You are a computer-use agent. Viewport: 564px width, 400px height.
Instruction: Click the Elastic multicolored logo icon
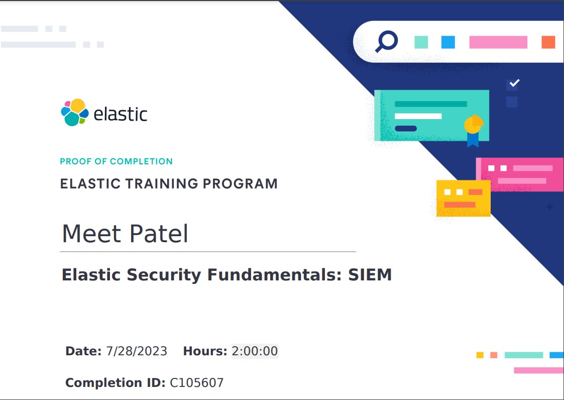[75, 113]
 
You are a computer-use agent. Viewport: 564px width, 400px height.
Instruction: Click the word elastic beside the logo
[121, 114]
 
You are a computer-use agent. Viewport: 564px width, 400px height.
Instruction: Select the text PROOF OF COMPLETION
[116, 161]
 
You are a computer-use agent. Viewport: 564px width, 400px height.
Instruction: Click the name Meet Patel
[125, 234]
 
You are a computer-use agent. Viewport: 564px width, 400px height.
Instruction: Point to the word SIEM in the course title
[370, 275]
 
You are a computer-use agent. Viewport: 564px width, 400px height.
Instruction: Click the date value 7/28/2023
[137, 351]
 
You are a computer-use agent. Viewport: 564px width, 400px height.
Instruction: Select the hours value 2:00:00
[255, 351]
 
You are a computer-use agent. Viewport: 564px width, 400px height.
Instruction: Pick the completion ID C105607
[196, 382]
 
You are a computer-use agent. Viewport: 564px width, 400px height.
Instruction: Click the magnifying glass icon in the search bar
[387, 41]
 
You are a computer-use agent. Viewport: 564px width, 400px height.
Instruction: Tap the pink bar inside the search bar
[498, 42]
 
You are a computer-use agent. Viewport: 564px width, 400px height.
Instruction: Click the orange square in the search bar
[548, 42]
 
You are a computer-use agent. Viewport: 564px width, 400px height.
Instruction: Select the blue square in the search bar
[448, 42]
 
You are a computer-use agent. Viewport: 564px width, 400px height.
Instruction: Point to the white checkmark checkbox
[512, 84]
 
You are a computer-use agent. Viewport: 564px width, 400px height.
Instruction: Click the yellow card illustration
[463, 198]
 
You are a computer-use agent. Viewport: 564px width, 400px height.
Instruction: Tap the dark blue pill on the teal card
[406, 129]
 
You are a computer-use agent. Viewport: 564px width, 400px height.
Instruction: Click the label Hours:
[205, 351]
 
